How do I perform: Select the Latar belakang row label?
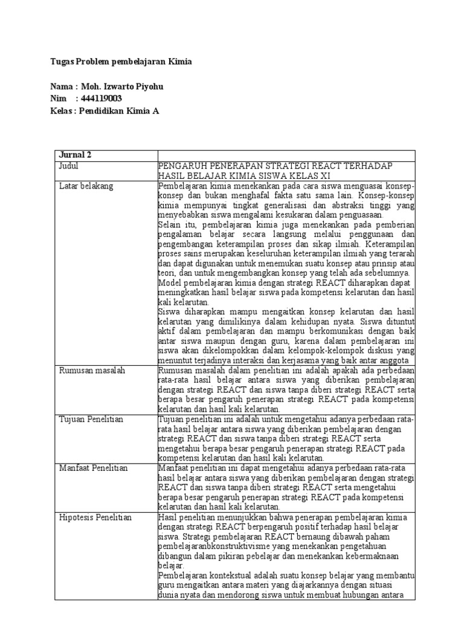point(86,186)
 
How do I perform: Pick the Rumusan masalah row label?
point(91,370)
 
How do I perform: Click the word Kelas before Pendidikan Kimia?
point(62,111)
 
